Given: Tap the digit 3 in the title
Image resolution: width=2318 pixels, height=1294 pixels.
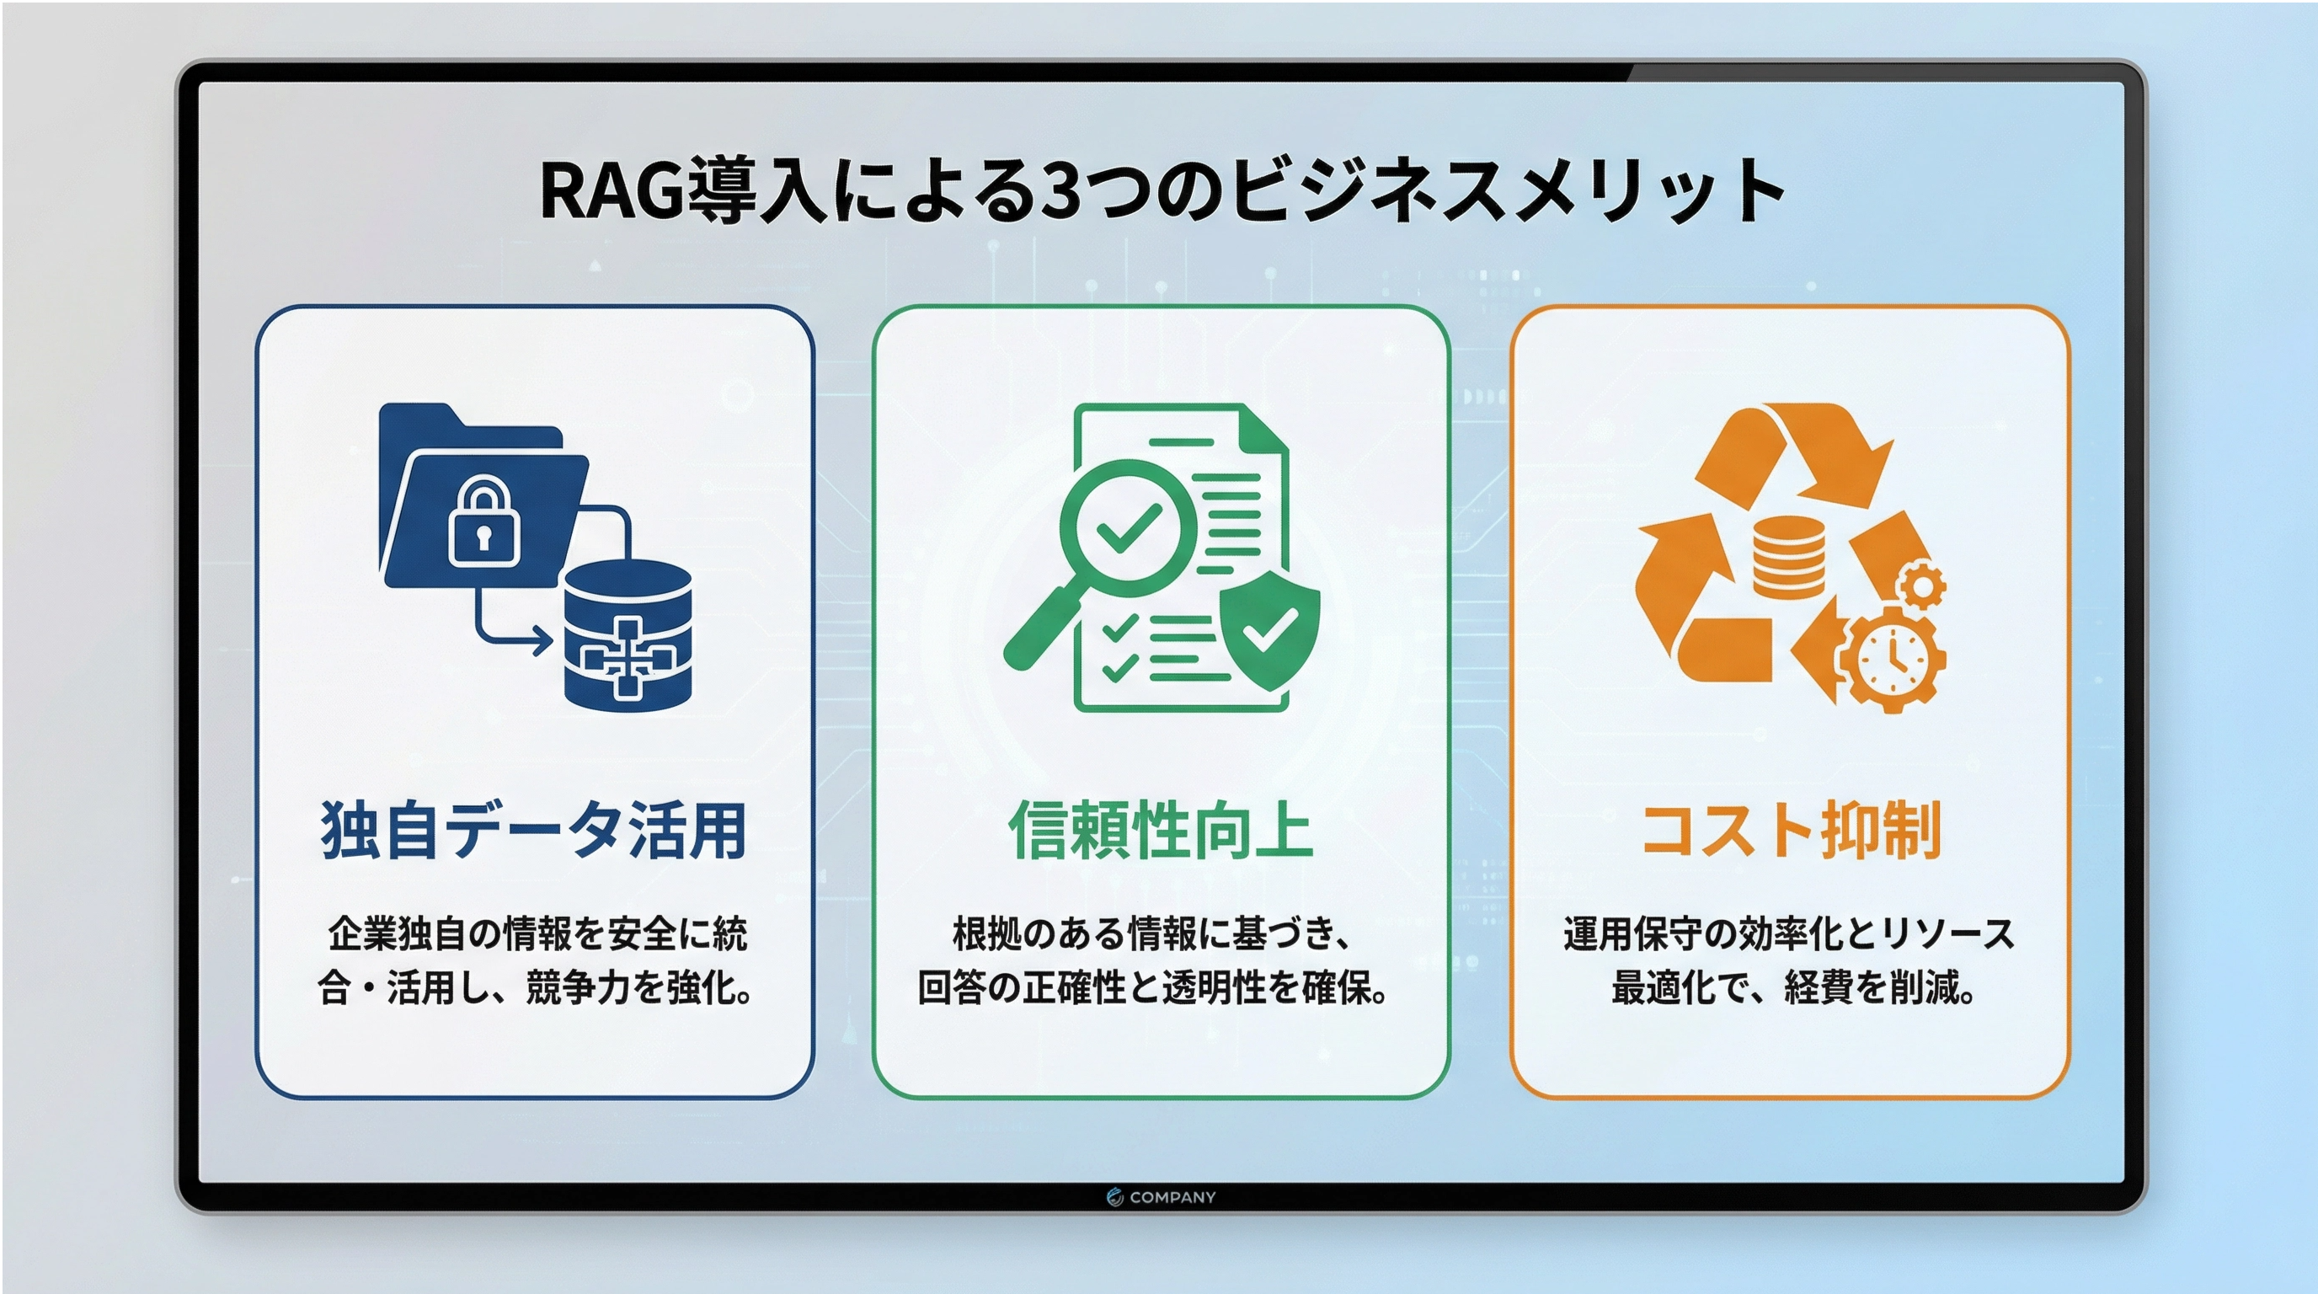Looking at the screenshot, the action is click(x=1059, y=190).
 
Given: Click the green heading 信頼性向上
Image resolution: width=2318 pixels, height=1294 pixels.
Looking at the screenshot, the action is click(x=1160, y=829).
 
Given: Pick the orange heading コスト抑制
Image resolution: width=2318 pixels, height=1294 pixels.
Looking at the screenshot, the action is click(x=1791, y=829).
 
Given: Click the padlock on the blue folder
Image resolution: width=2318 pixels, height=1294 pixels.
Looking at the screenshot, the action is click(x=484, y=522).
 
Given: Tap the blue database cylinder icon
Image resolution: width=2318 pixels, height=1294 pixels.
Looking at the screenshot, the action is click(x=628, y=635).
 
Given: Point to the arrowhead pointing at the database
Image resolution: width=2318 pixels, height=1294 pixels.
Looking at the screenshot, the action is click(x=542, y=642).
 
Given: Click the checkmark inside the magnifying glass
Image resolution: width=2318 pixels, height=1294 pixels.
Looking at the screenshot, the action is click(x=1128, y=527).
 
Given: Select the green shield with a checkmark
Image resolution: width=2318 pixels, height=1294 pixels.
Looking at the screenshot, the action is click(x=1268, y=630).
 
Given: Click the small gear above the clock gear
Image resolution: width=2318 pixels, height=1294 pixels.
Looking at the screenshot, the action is click(x=1920, y=586).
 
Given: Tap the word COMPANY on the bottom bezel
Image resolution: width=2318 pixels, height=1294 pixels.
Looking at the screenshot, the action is click(x=1172, y=1197).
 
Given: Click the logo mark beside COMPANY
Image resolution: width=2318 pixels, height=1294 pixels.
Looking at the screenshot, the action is click(x=1115, y=1197).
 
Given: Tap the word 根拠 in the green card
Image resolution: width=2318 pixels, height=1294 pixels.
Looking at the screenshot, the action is click(x=987, y=934).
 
